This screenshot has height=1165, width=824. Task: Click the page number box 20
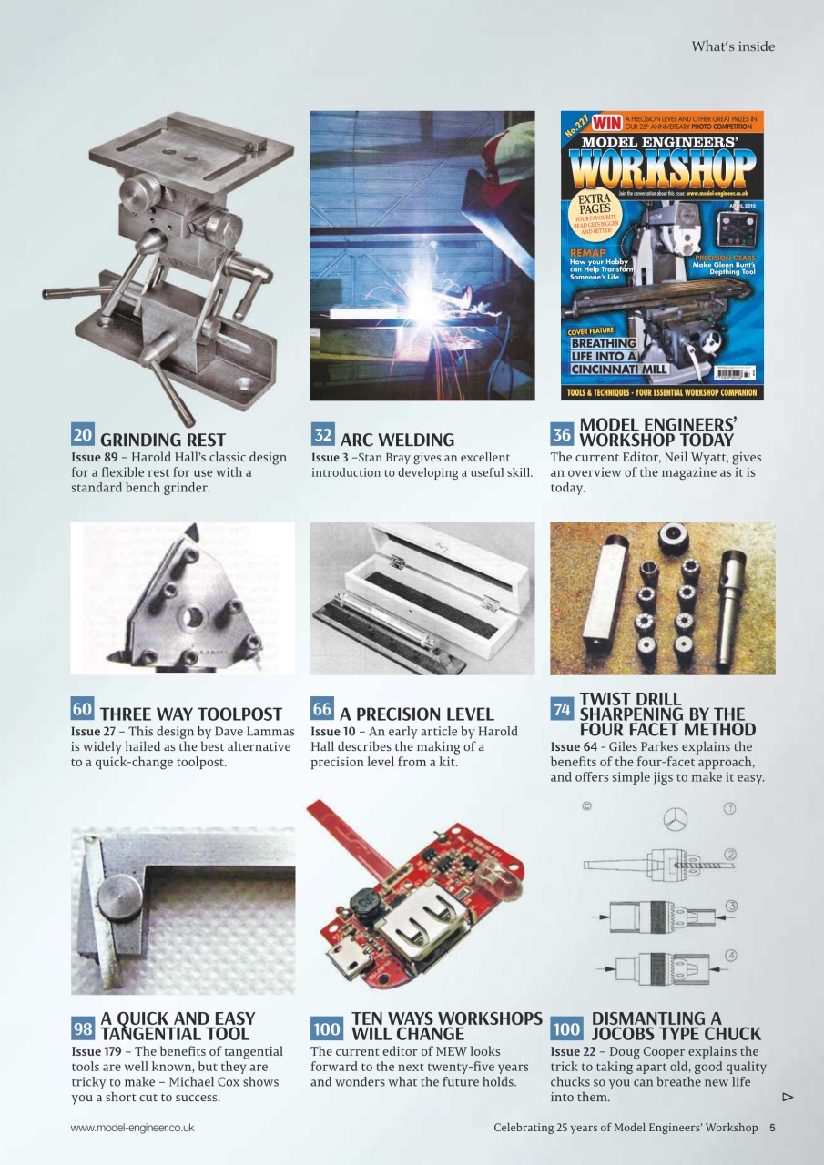(83, 434)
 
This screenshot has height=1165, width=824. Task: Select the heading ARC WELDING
(397, 441)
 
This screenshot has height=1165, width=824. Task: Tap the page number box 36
(562, 434)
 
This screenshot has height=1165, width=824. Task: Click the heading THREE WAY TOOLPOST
(191, 714)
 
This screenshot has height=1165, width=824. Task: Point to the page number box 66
(322, 709)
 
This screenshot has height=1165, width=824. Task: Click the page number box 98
(83, 1028)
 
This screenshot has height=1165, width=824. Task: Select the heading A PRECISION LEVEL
(417, 714)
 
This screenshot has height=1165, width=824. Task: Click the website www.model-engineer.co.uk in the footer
(132, 1128)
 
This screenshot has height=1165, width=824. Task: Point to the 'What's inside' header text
(733, 46)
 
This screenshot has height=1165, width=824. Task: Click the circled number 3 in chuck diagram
(730, 905)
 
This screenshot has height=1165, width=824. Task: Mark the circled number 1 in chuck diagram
(729, 807)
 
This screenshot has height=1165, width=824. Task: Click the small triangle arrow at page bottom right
(788, 1098)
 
